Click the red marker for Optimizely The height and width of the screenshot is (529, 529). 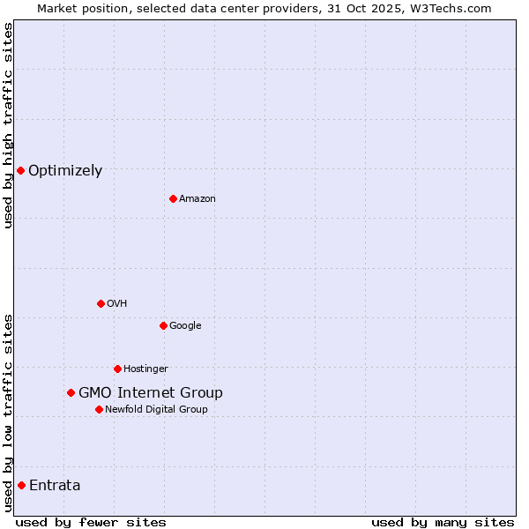20,170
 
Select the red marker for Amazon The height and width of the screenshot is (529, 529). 173,198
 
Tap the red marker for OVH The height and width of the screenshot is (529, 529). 101,303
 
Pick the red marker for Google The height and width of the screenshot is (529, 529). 163,325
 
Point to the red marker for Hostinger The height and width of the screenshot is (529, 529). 117,369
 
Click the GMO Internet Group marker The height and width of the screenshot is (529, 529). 71,392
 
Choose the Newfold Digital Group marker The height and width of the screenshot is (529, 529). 99,409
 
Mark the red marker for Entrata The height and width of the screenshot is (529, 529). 21,485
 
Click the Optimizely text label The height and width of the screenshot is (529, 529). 65,170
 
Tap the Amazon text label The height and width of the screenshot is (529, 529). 197,198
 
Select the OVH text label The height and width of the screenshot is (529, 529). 117,303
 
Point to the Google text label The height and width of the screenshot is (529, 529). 185,325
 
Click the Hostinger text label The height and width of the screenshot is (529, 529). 145,369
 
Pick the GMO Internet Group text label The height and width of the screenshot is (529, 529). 151,392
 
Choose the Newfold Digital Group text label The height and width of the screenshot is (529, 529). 156,409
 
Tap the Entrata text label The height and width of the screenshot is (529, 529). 55,485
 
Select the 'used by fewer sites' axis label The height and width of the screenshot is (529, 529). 91,522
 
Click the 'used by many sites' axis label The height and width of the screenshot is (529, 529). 443,522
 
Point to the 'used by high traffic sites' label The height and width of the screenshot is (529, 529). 8,125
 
